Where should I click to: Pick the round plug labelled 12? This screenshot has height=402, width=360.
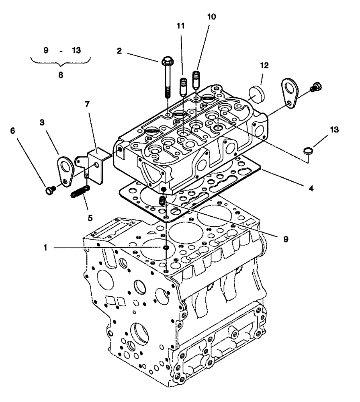click(x=254, y=93)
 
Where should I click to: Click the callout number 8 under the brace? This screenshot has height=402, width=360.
click(x=60, y=75)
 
